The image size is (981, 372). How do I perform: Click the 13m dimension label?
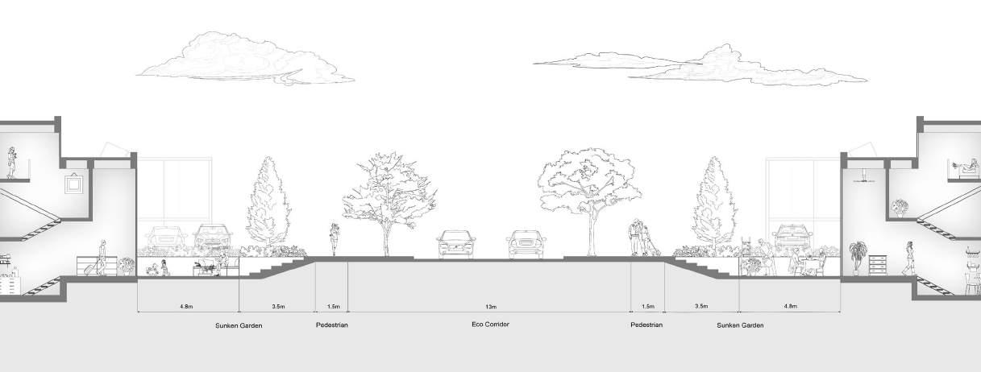pyautogui.click(x=490, y=308)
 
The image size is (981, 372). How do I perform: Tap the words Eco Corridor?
pyautogui.click(x=491, y=324)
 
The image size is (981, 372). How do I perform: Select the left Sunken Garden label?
pyautogui.click(x=239, y=325)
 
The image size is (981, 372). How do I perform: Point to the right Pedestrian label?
pyautogui.click(x=647, y=325)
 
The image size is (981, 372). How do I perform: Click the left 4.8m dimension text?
pyautogui.click(x=188, y=308)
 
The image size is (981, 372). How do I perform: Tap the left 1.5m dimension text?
pyautogui.click(x=332, y=308)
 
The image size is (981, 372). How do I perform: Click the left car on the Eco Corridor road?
pyautogui.click(x=455, y=244)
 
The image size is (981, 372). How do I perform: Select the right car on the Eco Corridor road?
pyautogui.click(x=525, y=244)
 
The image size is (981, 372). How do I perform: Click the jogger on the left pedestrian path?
pyautogui.click(x=334, y=240)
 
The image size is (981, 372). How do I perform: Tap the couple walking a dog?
pyautogui.click(x=642, y=239)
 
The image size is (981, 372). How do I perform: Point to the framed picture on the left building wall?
pyautogui.click(x=73, y=184)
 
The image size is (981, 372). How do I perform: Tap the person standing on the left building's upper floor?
pyautogui.click(x=13, y=163)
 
